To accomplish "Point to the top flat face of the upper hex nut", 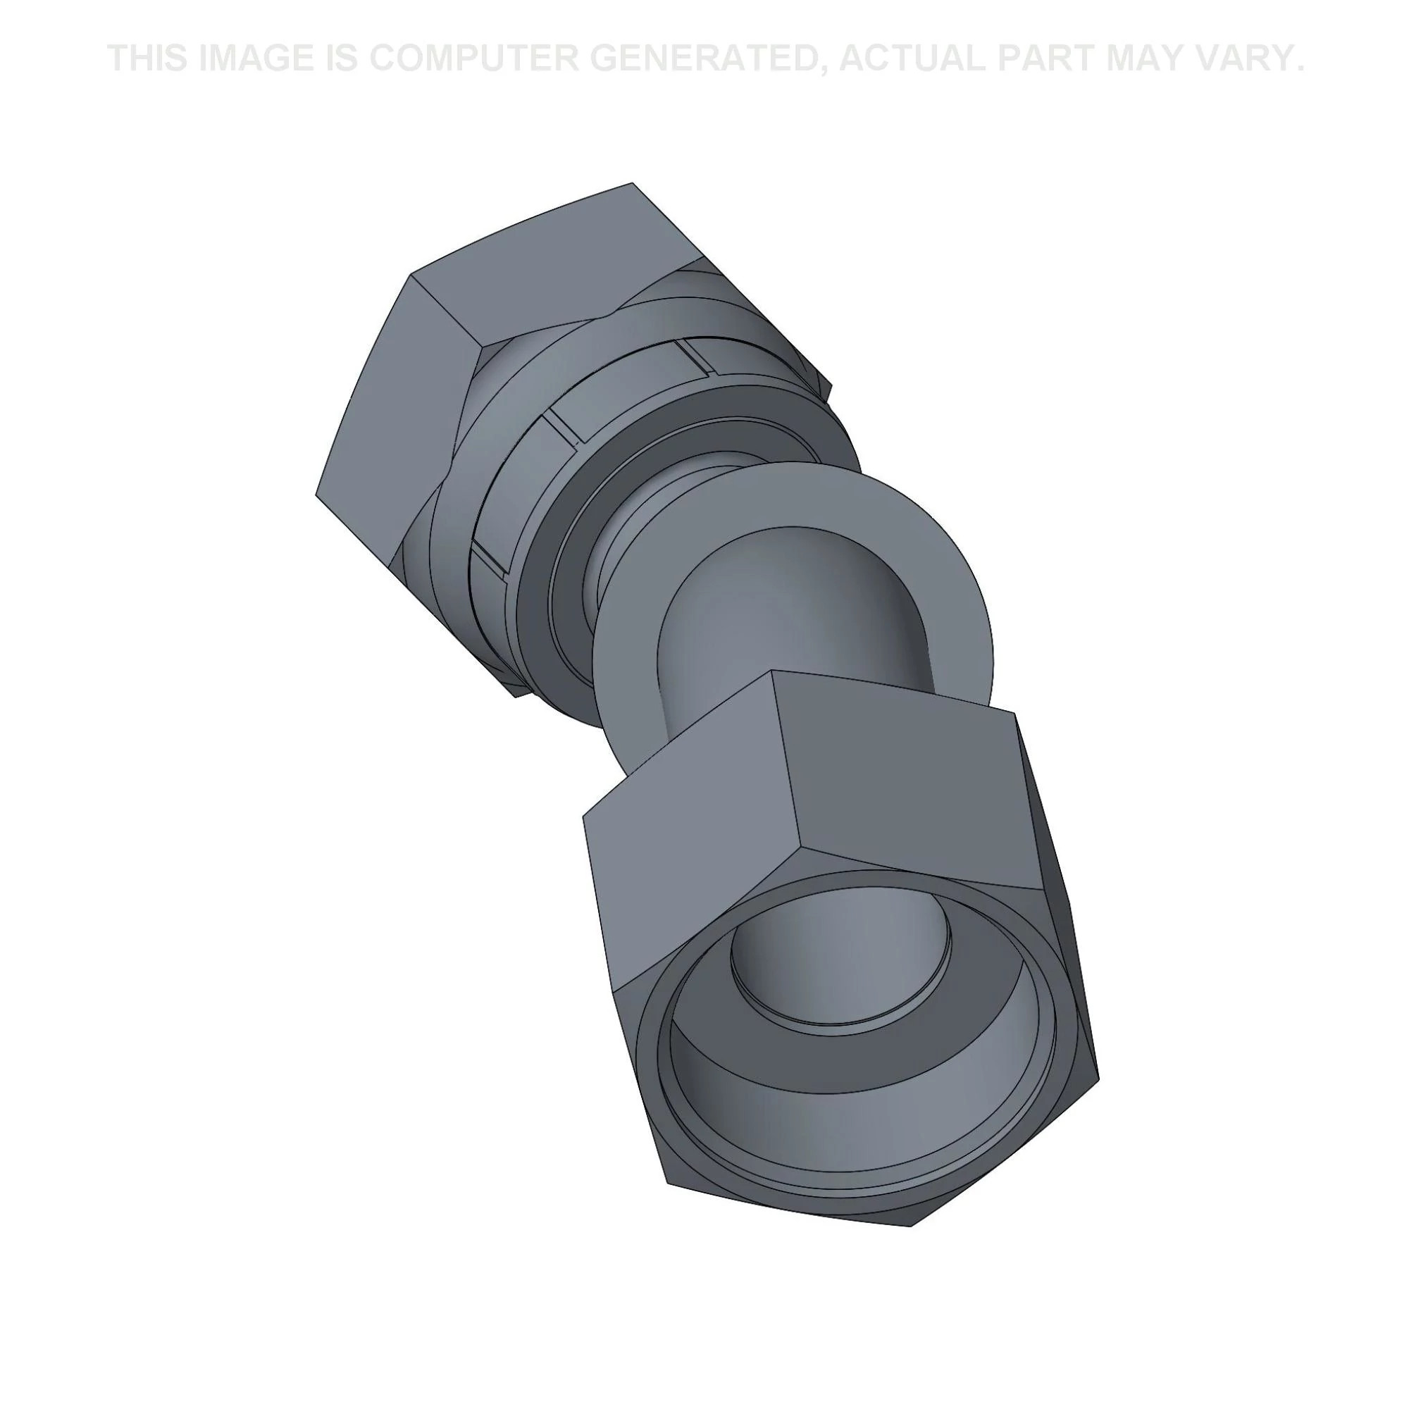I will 554,255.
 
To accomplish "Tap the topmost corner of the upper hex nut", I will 631,184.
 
